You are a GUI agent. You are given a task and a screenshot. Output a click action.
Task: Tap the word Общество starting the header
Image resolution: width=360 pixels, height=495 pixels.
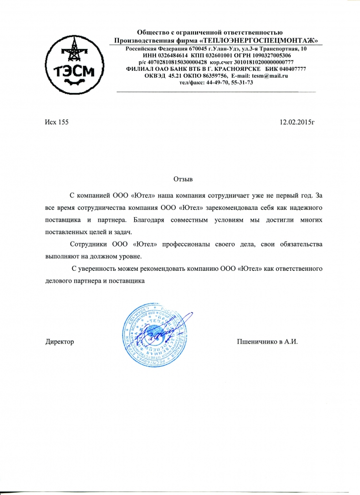156,33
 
